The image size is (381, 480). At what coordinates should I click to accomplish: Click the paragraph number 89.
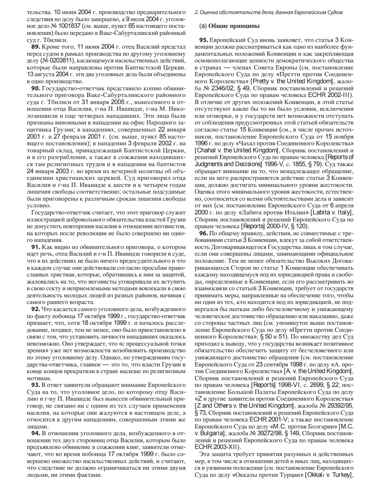pos(36,47)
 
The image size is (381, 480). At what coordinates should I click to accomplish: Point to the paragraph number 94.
pos(36,433)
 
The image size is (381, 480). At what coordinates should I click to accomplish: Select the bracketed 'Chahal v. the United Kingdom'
pos(233,150)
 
